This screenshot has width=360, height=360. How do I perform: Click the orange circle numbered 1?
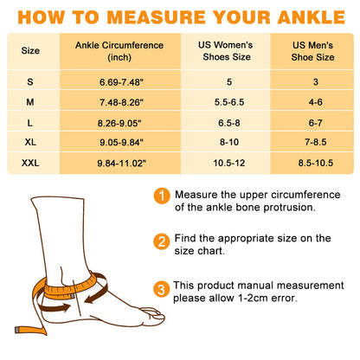pyautogui.click(x=161, y=196)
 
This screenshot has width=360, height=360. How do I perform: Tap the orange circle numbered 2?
pyautogui.click(x=161, y=241)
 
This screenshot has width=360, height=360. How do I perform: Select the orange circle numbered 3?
pyautogui.click(x=161, y=288)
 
